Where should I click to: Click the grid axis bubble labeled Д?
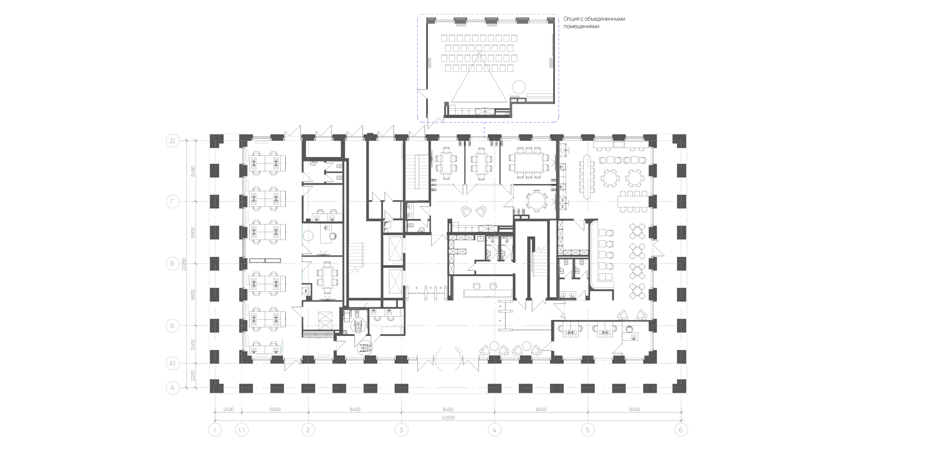pos(172,141)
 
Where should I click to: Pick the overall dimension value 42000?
pos(448,418)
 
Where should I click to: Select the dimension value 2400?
pos(228,410)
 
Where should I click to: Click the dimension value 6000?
pos(275,410)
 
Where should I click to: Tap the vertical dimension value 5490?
pos(193,171)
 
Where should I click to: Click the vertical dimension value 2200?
pos(193,376)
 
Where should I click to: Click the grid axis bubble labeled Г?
pos(172,202)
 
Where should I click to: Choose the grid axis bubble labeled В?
pos(172,264)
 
